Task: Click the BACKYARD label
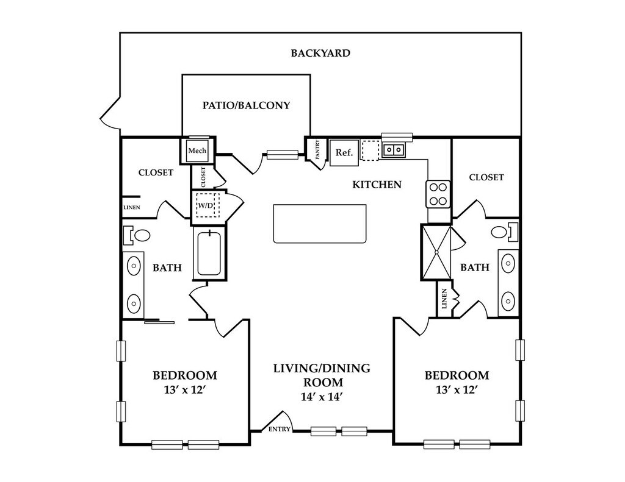(x=320, y=53)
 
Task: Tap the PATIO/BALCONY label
(x=246, y=105)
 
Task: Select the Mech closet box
(x=197, y=151)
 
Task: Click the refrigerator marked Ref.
(x=344, y=152)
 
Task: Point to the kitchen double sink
(x=394, y=150)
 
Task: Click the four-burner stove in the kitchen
(x=438, y=194)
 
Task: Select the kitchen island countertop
(x=320, y=224)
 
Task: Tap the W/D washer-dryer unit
(x=206, y=205)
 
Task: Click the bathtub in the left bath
(x=209, y=253)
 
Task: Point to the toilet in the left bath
(x=137, y=235)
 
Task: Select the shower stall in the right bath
(x=436, y=252)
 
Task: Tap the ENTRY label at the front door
(x=280, y=430)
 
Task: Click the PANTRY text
(x=317, y=150)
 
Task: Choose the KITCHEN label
(x=377, y=185)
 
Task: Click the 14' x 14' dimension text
(x=322, y=397)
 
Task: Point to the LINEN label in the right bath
(x=444, y=299)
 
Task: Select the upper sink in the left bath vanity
(x=134, y=264)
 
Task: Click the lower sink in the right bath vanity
(x=508, y=300)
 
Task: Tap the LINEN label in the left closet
(x=132, y=207)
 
